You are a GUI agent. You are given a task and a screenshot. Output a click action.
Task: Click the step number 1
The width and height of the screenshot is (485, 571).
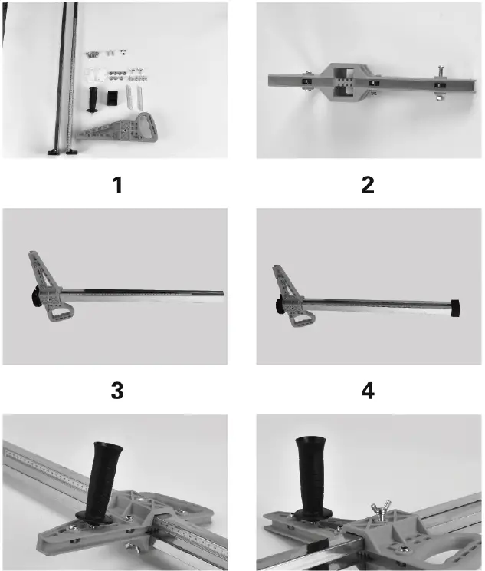pos(116,185)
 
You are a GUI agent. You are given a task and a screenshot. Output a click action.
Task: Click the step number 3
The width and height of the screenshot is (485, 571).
pos(116,391)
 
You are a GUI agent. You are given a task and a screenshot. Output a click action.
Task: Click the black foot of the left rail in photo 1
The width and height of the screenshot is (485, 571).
pos(54,151)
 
